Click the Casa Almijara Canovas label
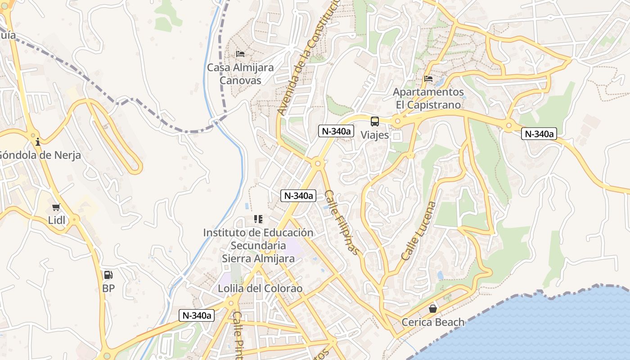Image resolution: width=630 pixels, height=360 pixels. tap(240, 74)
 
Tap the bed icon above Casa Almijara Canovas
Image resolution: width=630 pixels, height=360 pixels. tap(240, 54)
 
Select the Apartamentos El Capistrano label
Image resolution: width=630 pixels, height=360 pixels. tap(428, 99)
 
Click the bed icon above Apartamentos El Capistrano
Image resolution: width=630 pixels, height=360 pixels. tap(428, 79)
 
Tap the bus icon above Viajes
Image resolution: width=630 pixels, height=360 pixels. tap(374, 121)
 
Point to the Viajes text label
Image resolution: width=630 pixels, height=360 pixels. tap(374, 135)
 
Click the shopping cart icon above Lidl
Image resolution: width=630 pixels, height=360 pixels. tap(56, 207)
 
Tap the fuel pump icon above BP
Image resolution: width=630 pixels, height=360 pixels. tap(108, 274)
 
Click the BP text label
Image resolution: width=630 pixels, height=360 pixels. tap(108, 288)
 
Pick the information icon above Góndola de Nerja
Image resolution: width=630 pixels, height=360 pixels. tap(38, 142)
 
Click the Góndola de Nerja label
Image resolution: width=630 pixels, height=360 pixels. tap(40, 156)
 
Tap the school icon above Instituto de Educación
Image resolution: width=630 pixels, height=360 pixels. tap(258, 219)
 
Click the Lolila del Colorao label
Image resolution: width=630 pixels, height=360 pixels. tap(260, 288)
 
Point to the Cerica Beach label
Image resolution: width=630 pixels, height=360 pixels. tap(433, 322)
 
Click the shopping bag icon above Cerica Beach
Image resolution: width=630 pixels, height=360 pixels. tap(433, 309)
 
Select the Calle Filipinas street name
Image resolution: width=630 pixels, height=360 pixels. tap(342, 222)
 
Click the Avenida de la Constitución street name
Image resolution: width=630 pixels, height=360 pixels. tap(309, 56)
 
